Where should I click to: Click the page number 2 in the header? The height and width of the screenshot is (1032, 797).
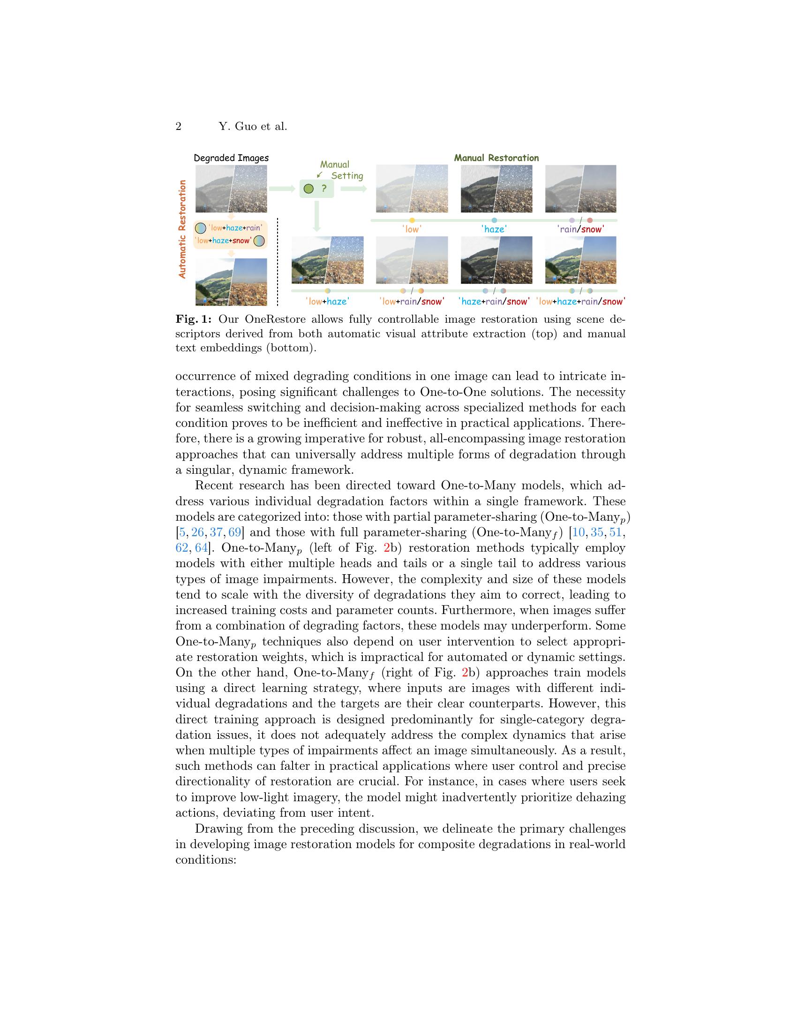coord(179,127)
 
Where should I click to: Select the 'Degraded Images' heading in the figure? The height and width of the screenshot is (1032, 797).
coord(231,158)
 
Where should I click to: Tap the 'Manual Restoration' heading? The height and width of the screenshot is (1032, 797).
coord(496,158)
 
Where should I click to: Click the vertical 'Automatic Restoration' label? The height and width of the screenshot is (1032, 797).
coord(183,229)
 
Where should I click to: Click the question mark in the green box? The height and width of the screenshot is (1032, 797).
coord(324,189)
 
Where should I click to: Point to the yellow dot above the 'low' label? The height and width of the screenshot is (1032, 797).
coord(412,220)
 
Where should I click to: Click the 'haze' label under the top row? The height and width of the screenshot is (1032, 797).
coord(494,229)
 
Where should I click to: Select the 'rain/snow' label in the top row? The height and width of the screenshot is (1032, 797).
coord(580,229)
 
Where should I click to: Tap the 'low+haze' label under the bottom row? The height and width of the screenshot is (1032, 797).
coord(327,301)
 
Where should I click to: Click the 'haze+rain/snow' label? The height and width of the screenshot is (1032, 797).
coord(494,301)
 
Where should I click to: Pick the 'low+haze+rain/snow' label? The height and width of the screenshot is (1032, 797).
coord(581,301)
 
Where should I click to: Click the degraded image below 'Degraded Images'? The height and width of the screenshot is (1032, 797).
coord(231,189)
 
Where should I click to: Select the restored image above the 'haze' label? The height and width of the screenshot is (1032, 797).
coord(496,189)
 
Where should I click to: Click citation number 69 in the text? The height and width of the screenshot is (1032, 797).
coord(235,532)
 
